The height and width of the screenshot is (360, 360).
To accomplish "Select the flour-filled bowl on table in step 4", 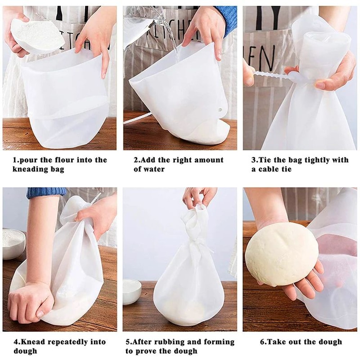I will click(14, 243).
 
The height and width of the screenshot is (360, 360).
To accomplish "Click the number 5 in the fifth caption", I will click(128, 342).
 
